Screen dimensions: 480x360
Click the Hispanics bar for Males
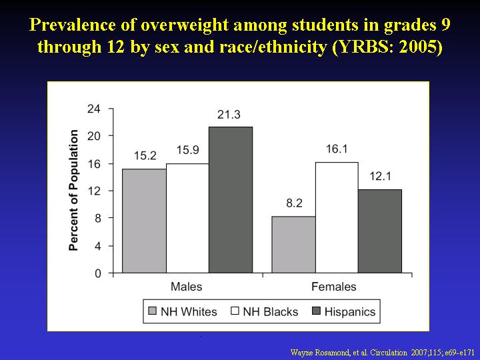(231, 199)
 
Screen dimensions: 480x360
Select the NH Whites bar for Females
(293, 245)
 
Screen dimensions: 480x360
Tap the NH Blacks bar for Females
(337, 217)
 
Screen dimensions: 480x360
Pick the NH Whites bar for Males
(144, 221)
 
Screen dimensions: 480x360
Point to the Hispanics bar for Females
(380, 231)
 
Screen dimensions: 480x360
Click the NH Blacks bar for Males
(187, 218)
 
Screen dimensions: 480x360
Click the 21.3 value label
(229, 115)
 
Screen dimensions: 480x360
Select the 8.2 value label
(294, 203)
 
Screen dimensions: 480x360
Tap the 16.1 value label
(337, 149)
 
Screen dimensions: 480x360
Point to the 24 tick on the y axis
(94, 109)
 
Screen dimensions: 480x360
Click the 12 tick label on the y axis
(94, 191)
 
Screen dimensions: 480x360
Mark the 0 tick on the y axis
(97, 273)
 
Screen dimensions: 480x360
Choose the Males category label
(187, 287)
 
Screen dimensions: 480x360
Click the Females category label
(334, 287)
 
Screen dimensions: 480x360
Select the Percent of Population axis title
(73, 191)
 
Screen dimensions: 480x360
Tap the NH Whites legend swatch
(152, 311)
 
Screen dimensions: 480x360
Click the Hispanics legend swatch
(316, 311)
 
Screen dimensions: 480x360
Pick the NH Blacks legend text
(270, 312)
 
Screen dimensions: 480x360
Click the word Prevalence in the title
(73, 25)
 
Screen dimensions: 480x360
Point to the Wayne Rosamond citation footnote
(383, 353)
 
